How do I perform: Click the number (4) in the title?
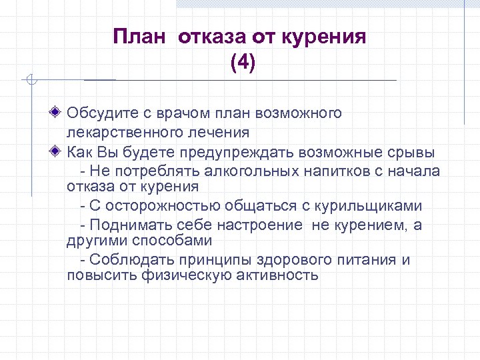[242, 63]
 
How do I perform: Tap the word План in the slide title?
[139, 36]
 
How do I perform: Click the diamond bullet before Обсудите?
[59, 113]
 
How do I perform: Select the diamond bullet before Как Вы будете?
[59, 151]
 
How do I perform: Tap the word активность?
[277, 275]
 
